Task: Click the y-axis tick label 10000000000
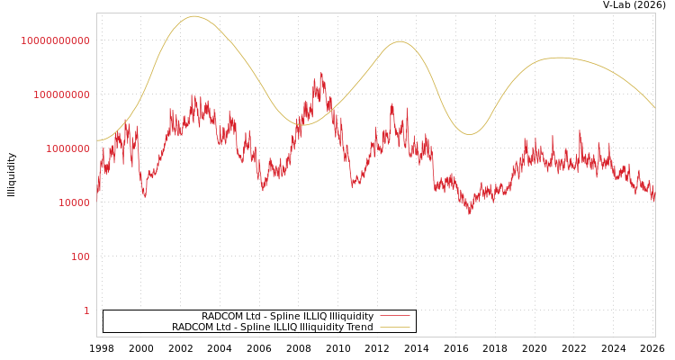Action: (56, 40)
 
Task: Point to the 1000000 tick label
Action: (67, 148)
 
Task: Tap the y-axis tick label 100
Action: (80, 256)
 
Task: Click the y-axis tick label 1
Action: (86, 310)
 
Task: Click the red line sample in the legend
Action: (395, 316)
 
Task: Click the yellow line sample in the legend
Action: (395, 327)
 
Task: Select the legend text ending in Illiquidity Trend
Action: (272, 327)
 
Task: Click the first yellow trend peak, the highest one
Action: (193, 16)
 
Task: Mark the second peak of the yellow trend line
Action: (400, 41)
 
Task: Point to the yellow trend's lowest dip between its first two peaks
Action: (302, 124)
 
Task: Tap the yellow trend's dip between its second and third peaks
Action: (469, 134)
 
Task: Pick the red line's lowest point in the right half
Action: (469, 213)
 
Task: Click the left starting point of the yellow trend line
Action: (97, 140)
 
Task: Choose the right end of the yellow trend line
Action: (655, 108)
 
